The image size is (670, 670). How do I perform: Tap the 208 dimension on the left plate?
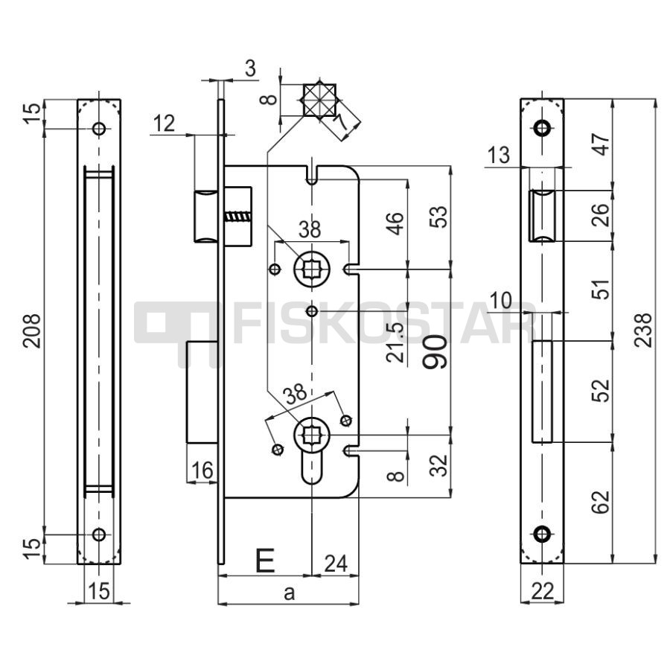(32, 331)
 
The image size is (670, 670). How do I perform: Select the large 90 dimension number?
(435, 352)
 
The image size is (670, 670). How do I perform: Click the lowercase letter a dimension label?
(290, 593)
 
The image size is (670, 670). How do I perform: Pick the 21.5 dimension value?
(395, 342)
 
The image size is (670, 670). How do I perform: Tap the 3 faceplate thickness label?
(251, 68)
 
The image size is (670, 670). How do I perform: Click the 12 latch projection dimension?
(164, 124)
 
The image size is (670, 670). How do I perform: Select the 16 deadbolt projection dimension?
(202, 471)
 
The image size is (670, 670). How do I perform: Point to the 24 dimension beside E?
(336, 564)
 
